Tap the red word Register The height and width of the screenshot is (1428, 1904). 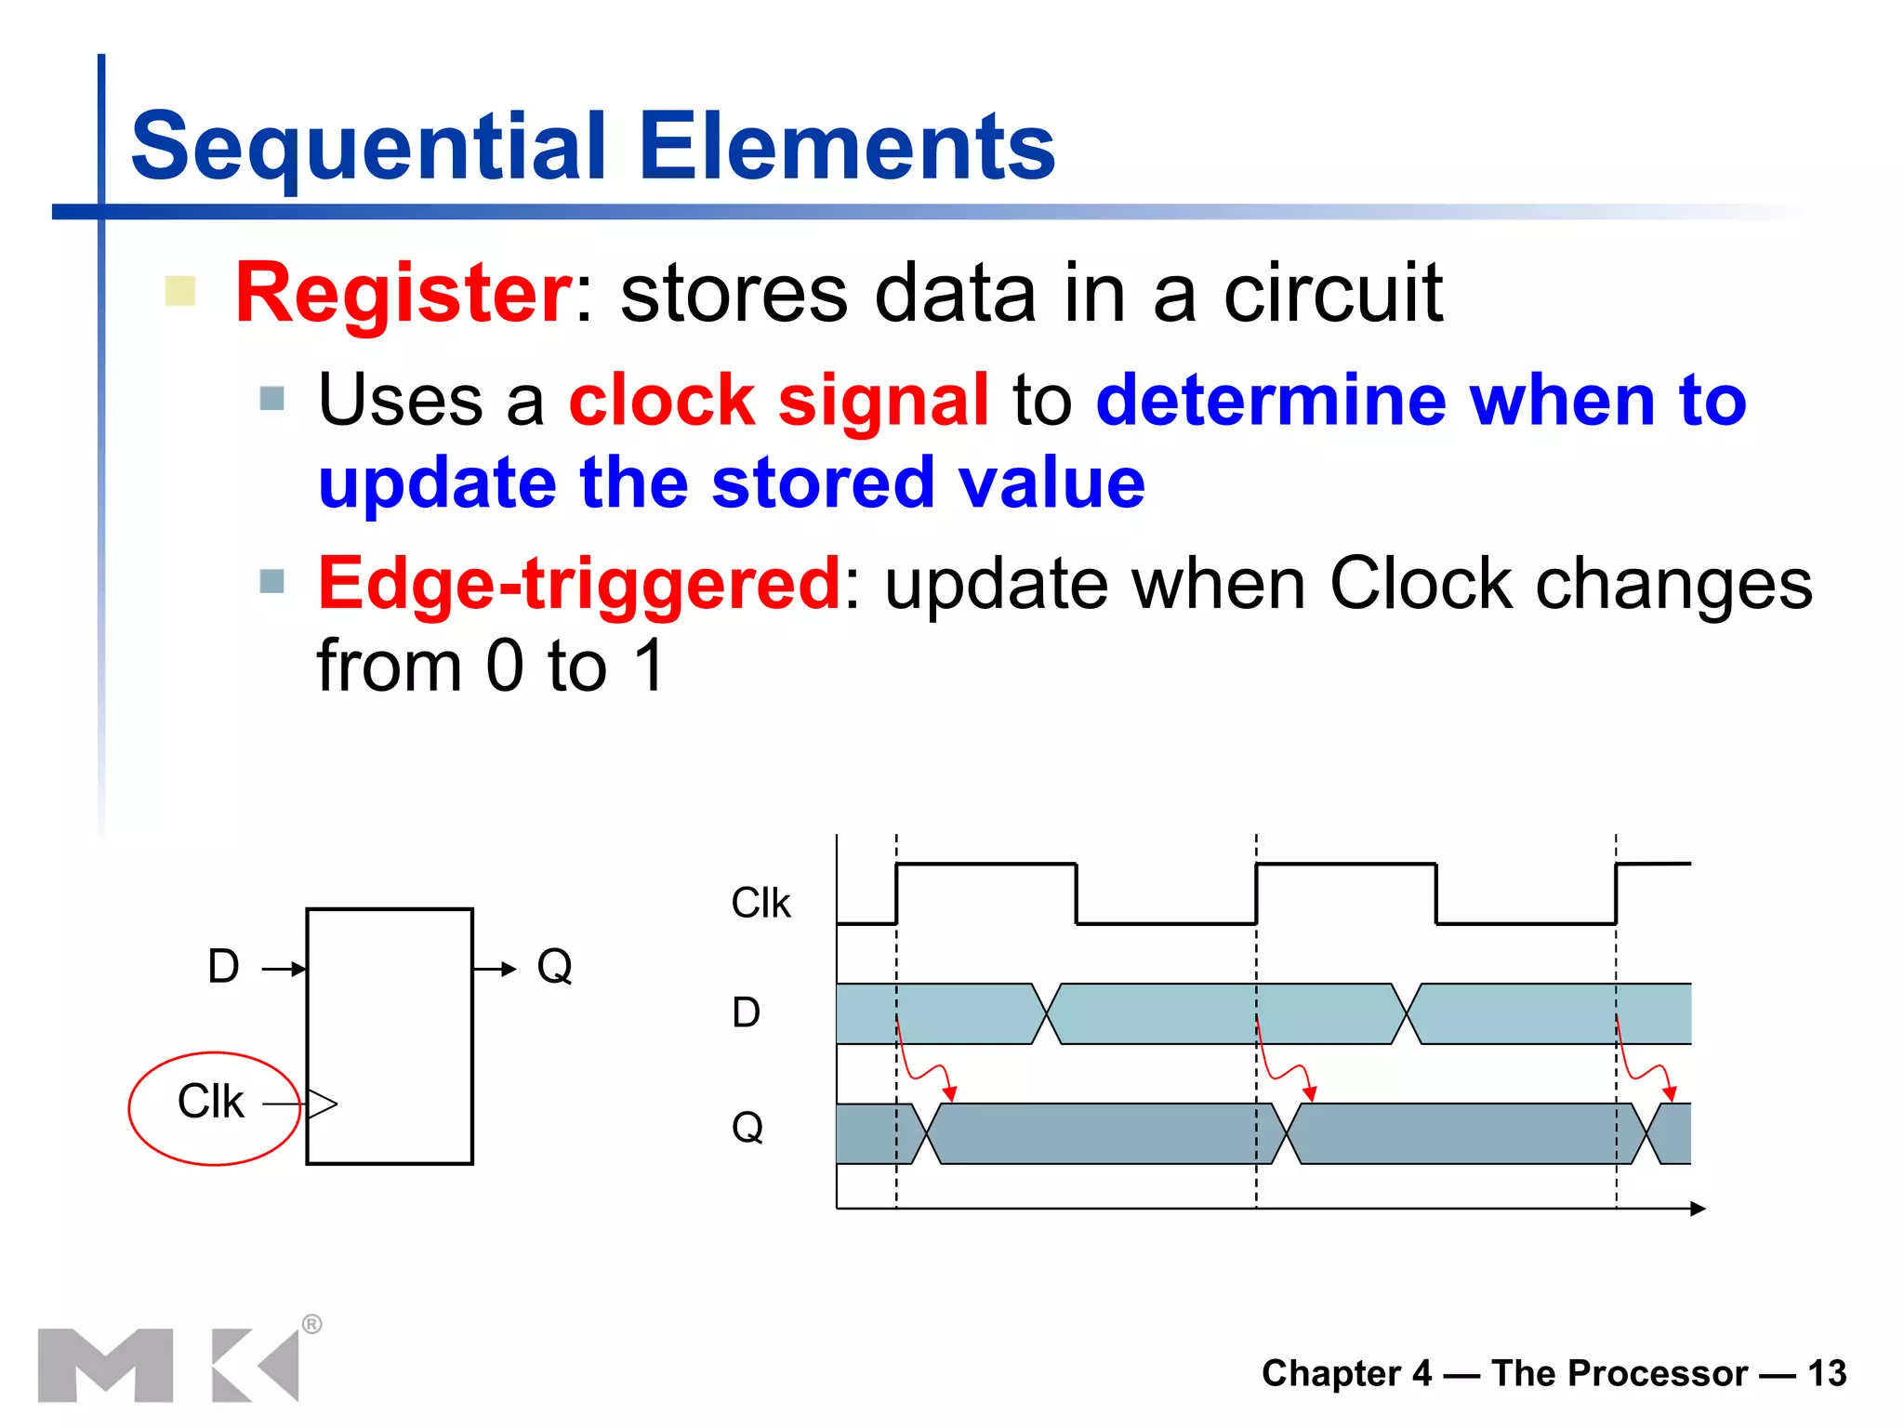(403, 293)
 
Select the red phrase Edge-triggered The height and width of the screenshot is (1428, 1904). (579, 584)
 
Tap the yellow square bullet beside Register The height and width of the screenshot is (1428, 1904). (179, 291)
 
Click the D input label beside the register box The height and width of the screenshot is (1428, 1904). (223, 967)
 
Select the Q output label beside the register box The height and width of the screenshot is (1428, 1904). (554, 967)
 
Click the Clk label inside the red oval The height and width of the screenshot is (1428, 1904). (210, 1103)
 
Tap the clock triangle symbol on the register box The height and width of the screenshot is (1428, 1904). (322, 1104)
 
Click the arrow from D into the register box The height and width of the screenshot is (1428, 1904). (284, 970)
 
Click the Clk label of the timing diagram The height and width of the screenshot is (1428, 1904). (760, 904)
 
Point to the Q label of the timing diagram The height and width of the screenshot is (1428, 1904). (747, 1128)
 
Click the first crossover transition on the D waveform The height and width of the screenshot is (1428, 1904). (1047, 1014)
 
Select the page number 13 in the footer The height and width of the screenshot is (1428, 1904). (1827, 1373)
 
